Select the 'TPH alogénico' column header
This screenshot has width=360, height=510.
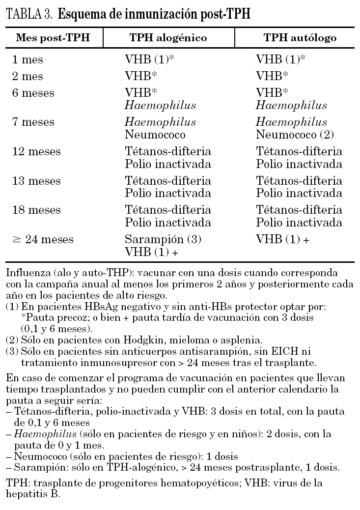168,38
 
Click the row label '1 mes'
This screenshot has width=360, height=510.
28,60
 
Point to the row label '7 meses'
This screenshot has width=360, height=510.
33,122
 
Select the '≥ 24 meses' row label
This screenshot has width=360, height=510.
43,240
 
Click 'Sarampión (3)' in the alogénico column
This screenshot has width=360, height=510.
164,240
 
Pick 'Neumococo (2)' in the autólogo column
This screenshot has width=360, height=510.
292,134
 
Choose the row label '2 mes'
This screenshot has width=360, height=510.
28,76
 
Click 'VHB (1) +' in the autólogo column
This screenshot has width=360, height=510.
283,240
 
